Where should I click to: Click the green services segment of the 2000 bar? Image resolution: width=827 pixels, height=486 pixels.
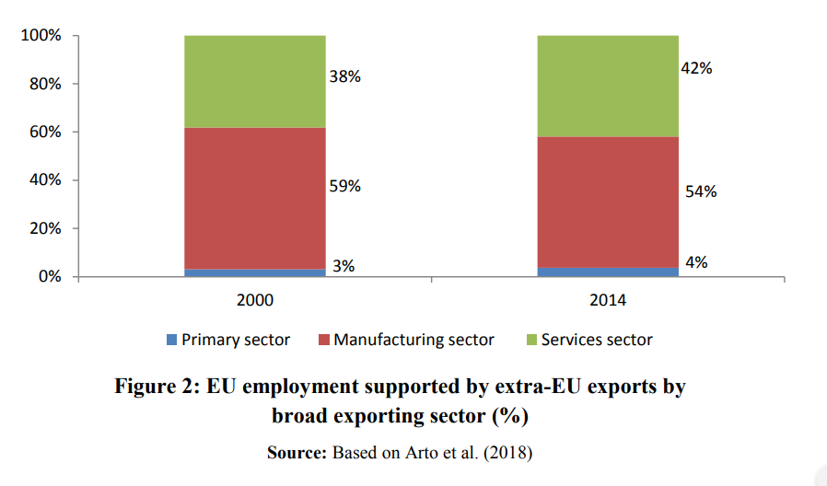(255, 81)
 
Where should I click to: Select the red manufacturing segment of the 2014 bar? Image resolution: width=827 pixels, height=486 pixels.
(608, 202)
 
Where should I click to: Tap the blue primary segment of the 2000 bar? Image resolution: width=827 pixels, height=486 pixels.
(255, 272)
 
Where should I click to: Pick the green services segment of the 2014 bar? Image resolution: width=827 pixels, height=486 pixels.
(608, 86)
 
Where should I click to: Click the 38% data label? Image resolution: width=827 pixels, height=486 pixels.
(345, 77)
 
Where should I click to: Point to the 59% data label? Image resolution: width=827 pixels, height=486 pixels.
(345, 186)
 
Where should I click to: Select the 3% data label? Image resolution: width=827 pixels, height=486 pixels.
(344, 266)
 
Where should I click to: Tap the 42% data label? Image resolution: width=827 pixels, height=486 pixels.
(696, 68)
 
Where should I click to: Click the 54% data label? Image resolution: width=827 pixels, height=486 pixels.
(700, 191)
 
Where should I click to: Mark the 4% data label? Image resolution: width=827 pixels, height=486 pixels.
(696, 261)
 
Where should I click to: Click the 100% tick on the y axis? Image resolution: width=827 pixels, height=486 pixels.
(41, 36)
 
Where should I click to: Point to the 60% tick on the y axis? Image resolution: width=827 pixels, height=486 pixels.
(44, 132)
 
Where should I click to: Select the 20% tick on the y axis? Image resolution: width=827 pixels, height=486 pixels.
(44, 228)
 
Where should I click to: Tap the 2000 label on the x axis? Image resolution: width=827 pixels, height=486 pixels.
(255, 300)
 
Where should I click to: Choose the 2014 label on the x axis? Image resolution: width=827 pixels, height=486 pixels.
(608, 300)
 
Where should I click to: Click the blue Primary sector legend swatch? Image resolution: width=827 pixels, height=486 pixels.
(171, 340)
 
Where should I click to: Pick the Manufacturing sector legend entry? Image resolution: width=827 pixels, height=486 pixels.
(413, 340)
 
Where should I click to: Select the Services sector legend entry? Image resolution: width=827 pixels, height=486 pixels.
(596, 340)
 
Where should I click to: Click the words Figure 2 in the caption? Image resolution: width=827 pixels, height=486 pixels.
(154, 387)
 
